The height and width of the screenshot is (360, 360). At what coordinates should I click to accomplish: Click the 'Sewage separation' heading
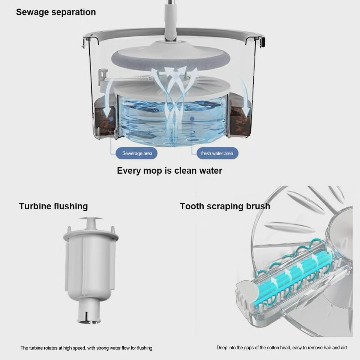[x=56, y=12]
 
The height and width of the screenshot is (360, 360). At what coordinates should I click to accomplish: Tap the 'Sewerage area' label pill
[x=136, y=153]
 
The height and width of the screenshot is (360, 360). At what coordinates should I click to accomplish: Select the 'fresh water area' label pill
[x=217, y=153]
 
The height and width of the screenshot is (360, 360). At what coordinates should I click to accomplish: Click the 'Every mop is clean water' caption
[x=169, y=171]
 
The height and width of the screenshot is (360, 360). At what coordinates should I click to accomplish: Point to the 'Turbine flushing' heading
[x=54, y=206]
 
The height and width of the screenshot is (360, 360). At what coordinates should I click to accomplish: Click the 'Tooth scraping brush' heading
[x=225, y=206]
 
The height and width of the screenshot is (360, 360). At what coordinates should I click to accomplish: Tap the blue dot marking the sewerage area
[x=111, y=119]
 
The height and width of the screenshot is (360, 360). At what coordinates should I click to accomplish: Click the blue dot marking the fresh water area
[x=192, y=119]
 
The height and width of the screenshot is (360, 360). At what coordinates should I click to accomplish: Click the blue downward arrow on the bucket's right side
[x=245, y=97]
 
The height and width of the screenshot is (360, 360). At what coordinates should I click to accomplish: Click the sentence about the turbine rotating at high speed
[x=86, y=348]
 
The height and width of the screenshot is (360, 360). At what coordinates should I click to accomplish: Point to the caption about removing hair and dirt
[x=282, y=348]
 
